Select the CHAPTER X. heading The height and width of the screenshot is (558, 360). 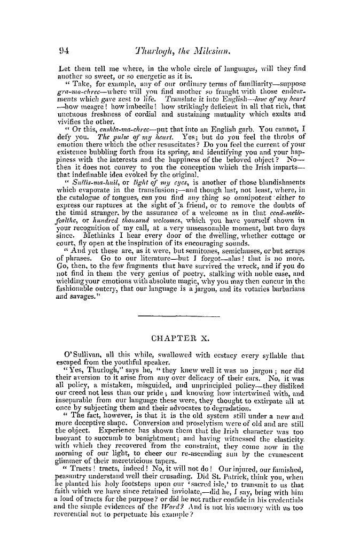point(181,338)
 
